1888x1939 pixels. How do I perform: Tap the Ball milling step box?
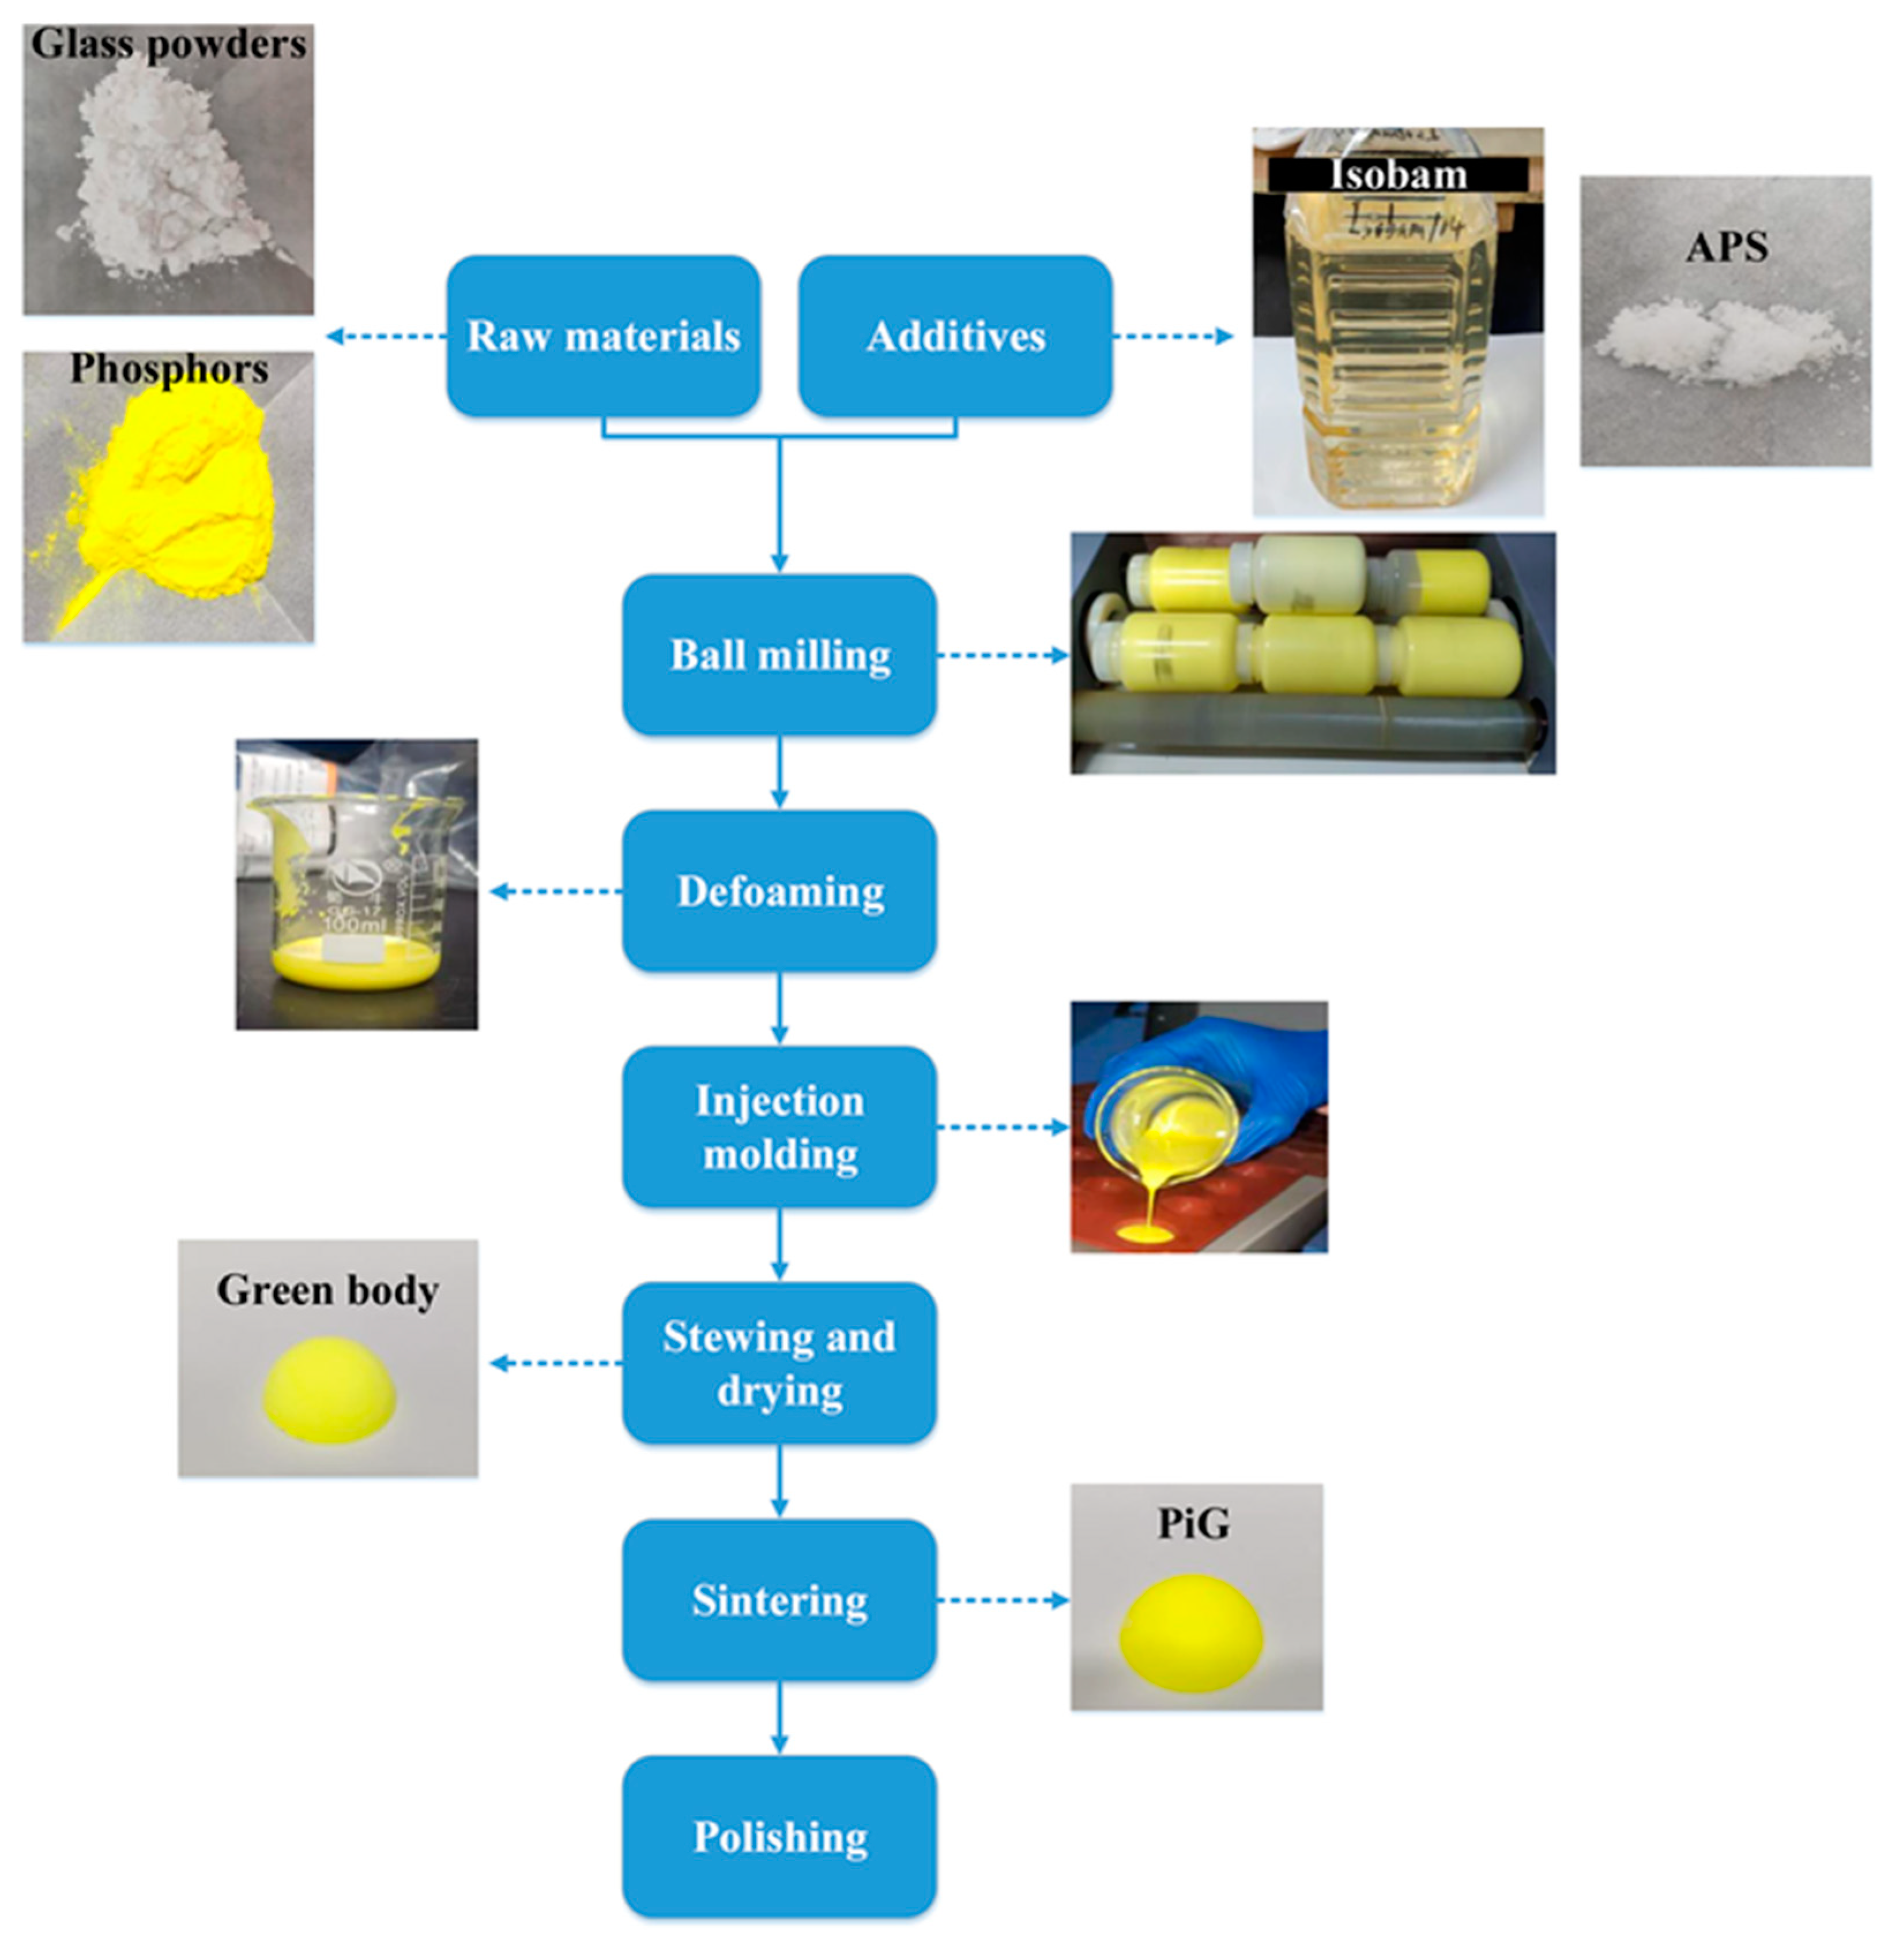click(779, 655)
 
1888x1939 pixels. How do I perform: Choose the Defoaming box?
click(779, 890)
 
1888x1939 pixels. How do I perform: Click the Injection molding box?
click(779, 1127)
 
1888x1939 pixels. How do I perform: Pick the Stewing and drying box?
click(779, 1363)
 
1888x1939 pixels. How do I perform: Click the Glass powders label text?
click(168, 44)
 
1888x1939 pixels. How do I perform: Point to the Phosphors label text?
click(168, 369)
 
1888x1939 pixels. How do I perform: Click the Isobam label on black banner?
click(1398, 175)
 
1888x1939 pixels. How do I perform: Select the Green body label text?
click(327, 1290)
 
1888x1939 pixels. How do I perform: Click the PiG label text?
click(1194, 1523)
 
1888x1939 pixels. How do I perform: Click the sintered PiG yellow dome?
click(1192, 1632)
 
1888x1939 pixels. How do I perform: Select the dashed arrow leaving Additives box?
click(1173, 336)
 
